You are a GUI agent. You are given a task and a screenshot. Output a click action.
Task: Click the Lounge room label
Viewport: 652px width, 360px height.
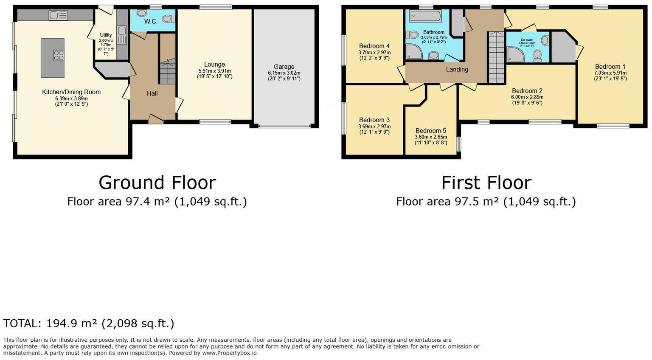coord(214,65)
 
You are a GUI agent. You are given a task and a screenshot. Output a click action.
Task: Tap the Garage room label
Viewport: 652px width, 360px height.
coord(284,67)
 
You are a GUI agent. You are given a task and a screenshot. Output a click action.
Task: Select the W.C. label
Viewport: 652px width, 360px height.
coord(151,21)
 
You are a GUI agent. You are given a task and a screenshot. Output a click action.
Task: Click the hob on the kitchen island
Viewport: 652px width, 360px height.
coord(59,55)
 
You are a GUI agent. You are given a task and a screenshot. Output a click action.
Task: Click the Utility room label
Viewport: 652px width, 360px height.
coord(106,35)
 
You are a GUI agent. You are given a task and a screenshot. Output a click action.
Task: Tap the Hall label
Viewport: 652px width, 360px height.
coord(152,93)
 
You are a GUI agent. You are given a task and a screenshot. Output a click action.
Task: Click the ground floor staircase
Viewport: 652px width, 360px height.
coord(167,72)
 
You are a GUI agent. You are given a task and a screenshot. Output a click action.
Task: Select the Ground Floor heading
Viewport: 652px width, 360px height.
coord(157,183)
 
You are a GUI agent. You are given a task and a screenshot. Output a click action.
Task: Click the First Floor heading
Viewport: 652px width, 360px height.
coord(486,183)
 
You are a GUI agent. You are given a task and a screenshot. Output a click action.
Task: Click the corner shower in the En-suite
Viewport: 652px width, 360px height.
coord(516,54)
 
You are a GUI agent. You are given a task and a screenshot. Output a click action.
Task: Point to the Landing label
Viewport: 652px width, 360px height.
coord(457,69)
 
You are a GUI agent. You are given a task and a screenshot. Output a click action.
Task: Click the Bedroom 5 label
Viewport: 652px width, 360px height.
coord(431,131)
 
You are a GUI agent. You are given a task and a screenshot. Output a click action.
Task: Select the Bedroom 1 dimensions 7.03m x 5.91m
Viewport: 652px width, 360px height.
coord(610,73)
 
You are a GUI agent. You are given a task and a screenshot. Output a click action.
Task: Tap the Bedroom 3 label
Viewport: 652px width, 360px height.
coord(374,120)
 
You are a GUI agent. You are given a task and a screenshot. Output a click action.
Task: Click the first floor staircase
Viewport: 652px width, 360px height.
coord(496,57)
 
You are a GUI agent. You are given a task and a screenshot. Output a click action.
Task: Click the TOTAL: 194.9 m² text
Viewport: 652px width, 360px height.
coord(89,323)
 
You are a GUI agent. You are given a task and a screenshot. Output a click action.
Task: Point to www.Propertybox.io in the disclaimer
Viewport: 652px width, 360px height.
coord(229,353)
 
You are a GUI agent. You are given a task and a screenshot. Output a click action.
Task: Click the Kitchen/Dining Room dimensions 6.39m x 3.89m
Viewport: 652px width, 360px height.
coord(71,98)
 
